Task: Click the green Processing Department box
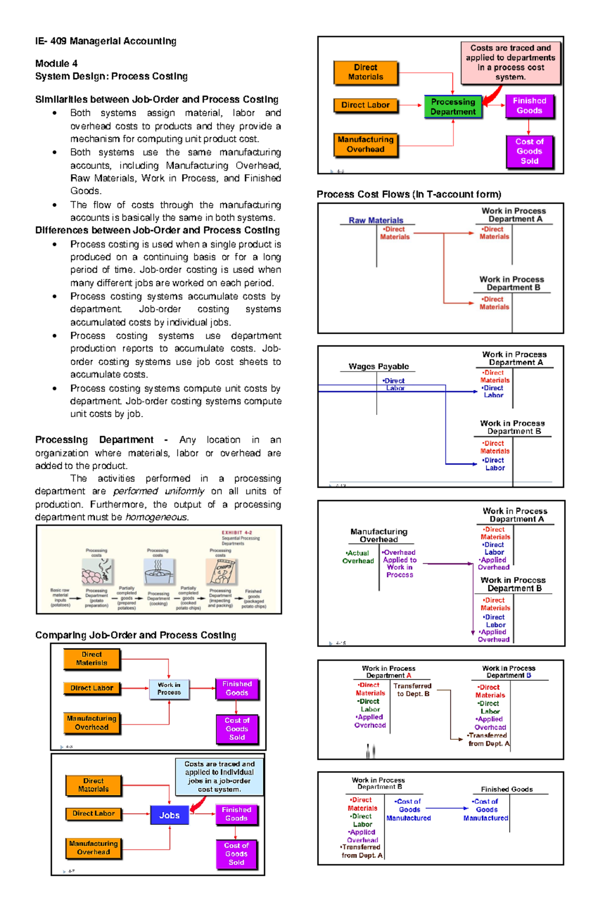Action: [x=453, y=107]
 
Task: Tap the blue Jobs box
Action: [x=169, y=815]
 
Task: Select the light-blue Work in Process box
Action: [x=169, y=689]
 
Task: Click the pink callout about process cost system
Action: [x=510, y=62]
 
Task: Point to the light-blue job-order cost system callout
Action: [x=219, y=777]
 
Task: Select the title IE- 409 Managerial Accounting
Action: [x=106, y=41]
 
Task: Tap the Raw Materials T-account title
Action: [x=376, y=220]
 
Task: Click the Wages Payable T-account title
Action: [x=379, y=367]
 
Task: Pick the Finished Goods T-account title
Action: [x=506, y=789]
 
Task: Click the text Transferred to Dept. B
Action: [x=413, y=690]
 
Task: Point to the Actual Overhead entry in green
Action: [x=358, y=557]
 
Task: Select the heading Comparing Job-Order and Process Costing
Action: [x=136, y=635]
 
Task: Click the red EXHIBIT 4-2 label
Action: [x=237, y=532]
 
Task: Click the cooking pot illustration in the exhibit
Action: [x=158, y=571]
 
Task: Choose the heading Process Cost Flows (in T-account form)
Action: [x=409, y=194]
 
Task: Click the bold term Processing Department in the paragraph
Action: [x=94, y=440]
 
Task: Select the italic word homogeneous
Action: [x=156, y=517]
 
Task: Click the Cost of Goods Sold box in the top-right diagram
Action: [x=529, y=151]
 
